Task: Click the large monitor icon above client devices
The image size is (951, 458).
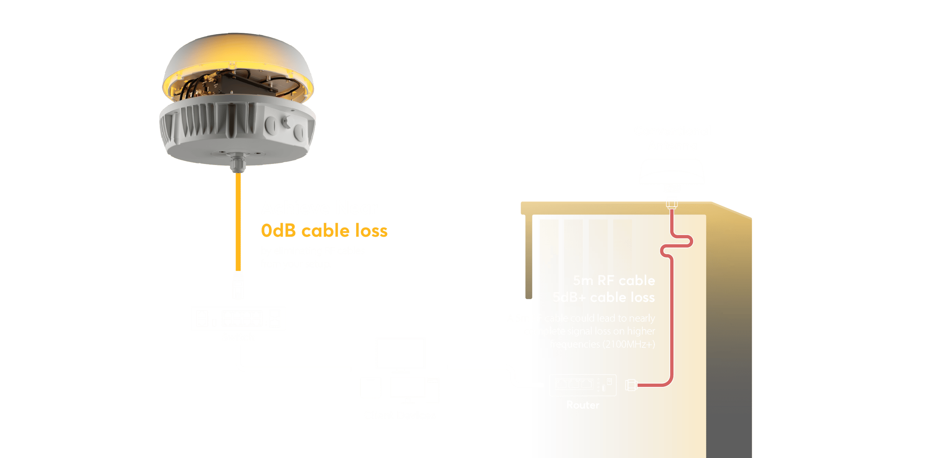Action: point(400,353)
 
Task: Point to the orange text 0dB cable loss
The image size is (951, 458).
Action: point(324,230)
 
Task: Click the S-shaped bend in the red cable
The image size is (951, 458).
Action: point(676,245)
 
